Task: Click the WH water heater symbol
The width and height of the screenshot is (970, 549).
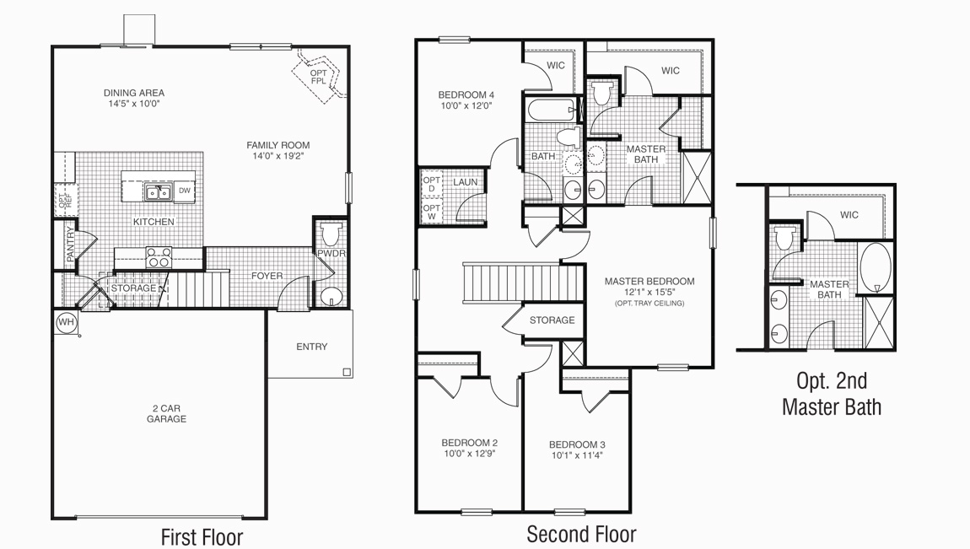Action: tap(65, 321)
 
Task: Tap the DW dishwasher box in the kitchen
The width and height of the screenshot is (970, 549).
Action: tap(184, 191)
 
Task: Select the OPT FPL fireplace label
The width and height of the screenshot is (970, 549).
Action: tap(318, 77)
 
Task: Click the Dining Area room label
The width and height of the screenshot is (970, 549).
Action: tap(134, 93)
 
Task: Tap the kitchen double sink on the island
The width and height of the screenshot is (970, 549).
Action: tap(159, 193)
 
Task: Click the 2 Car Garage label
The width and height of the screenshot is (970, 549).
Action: tap(166, 413)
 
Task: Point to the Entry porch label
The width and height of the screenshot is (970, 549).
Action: tap(311, 347)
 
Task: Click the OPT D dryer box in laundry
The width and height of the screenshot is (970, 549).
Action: tap(431, 184)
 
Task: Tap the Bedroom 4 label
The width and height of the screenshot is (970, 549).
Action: tap(466, 94)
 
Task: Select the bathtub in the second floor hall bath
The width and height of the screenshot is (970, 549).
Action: tap(549, 110)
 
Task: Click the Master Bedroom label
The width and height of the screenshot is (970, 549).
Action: tap(649, 282)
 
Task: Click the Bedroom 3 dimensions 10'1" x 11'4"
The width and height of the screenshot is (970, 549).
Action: tap(577, 455)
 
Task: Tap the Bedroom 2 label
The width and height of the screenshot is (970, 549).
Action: tap(469, 443)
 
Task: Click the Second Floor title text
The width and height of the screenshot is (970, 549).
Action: tap(581, 534)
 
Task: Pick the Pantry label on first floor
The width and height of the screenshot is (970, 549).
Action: tap(71, 245)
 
